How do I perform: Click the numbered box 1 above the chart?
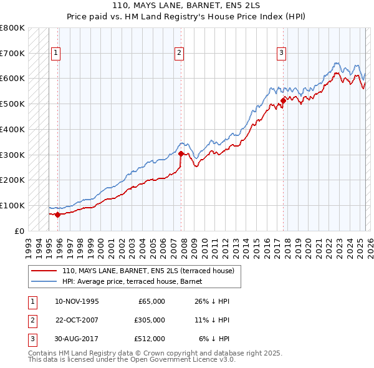click(55, 54)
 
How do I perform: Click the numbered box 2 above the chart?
click(179, 54)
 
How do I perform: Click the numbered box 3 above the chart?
click(281, 54)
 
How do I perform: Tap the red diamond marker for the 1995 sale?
click(58, 215)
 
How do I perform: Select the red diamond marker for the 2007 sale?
click(181, 153)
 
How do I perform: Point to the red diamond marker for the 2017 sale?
click(283, 100)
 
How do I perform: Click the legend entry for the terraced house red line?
click(148, 271)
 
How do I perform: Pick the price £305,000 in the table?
click(150, 320)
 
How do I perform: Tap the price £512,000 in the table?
click(150, 339)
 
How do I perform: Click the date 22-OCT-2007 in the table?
click(77, 320)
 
